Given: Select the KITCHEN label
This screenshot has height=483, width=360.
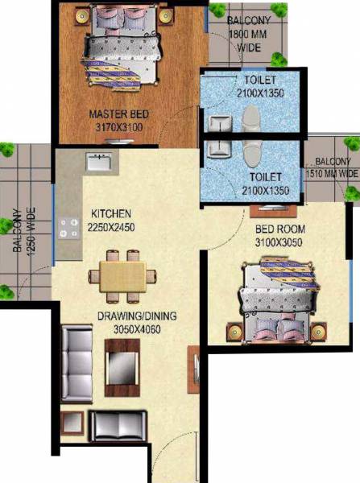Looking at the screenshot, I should (110, 213).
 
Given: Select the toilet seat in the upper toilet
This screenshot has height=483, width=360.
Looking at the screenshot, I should (250, 122).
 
